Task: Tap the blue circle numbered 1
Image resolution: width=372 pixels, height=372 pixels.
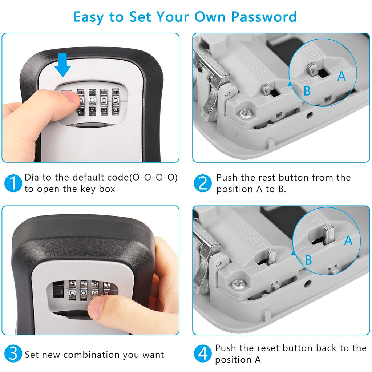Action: point(13,183)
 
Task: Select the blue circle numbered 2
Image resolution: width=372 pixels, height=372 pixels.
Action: point(202,183)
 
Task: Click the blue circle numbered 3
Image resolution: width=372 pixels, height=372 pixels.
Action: point(13,354)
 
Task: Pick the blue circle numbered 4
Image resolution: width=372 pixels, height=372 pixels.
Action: point(202,354)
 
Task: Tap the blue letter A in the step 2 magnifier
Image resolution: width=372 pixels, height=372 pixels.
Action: point(341,76)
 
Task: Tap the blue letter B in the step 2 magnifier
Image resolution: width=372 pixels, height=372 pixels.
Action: point(307,91)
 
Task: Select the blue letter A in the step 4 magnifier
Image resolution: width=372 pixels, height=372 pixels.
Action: point(348,240)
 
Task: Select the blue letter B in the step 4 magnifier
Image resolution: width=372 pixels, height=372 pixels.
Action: point(308,260)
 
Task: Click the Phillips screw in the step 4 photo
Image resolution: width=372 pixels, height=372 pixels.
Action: point(238,285)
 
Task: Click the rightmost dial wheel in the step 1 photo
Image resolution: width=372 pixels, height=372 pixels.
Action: point(116,101)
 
